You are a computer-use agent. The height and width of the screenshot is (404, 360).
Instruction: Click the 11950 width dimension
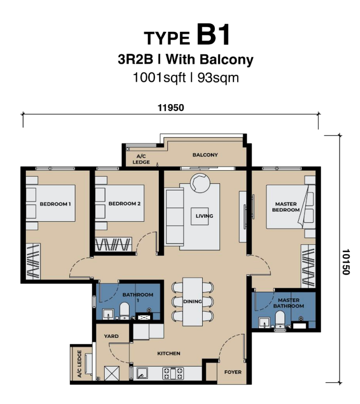[171, 108]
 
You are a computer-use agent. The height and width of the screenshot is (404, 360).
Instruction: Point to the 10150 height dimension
[345, 262]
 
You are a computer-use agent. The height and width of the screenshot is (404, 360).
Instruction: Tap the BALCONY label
[205, 155]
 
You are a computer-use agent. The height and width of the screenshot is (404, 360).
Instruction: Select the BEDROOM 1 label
[55, 204]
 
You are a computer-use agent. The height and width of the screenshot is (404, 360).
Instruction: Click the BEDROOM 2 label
[124, 204]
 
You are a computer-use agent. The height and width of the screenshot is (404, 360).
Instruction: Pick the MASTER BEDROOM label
[286, 207]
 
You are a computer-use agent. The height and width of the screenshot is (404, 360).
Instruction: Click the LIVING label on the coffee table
[204, 216]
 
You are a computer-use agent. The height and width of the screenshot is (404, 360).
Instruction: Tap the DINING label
[192, 301]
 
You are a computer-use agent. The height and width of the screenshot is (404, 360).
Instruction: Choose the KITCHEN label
[169, 353]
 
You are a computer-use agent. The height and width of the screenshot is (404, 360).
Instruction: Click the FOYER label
[233, 372]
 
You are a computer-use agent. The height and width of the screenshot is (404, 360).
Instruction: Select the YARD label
[111, 336]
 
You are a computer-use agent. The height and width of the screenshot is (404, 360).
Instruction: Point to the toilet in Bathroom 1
[124, 311]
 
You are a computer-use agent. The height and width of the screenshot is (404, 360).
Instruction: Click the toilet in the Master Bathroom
[280, 319]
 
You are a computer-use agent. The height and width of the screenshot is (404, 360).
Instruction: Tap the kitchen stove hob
[173, 373]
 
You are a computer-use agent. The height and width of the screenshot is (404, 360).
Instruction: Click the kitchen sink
[142, 373]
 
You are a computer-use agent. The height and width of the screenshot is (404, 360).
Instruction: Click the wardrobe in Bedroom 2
[113, 244]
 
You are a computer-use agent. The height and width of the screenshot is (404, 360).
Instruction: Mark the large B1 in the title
[213, 35]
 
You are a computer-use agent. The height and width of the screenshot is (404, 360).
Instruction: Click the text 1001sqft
[159, 77]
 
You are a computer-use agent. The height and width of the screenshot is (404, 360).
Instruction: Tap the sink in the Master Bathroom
[264, 323]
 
